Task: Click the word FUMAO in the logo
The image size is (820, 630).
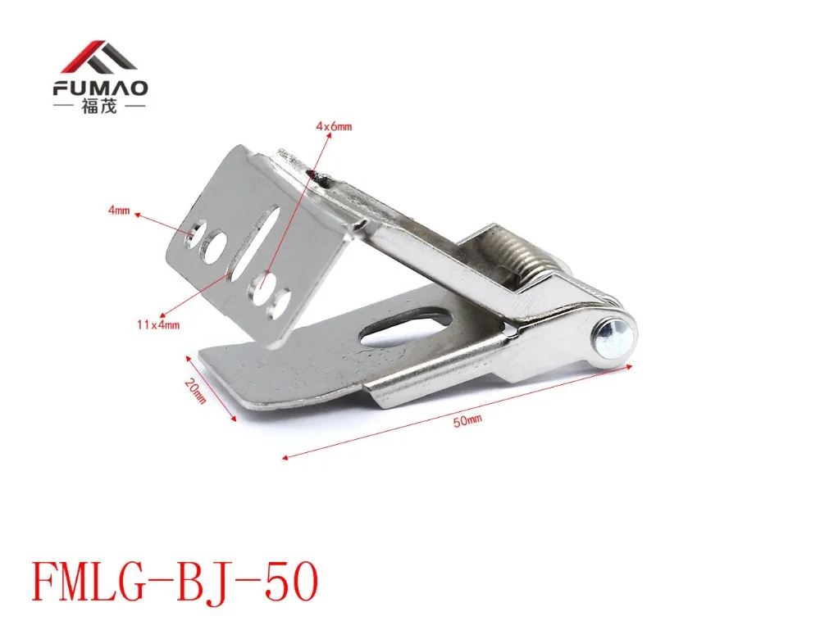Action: tap(100, 88)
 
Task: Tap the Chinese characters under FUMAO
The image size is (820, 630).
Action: tap(100, 107)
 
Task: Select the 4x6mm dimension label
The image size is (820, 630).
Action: tap(334, 126)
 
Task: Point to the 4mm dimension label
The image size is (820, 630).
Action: tap(119, 211)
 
